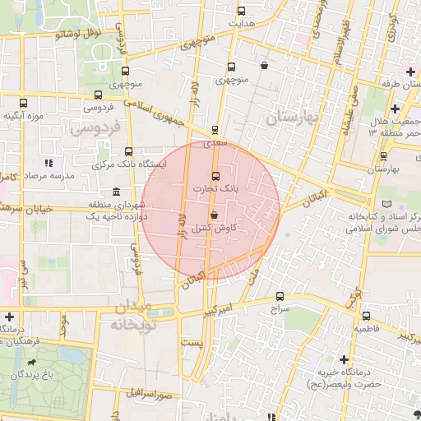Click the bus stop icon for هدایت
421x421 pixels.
click(x=241, y=12)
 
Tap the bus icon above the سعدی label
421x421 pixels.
click(x=215, y=129)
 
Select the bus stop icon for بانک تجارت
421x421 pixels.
click(x=215, y=176)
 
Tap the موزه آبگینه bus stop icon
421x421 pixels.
click(x=23, y=103)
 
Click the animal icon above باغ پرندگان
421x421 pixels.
click(x=31, y=362)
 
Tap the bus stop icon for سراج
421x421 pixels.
click(x=280, y=296)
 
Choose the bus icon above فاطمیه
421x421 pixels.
click(x=366, y=316)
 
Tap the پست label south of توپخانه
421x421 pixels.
click(x=192, y=340)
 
